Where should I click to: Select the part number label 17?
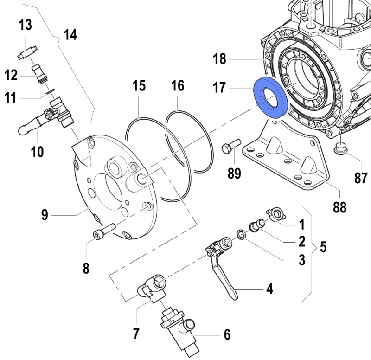(x=219, y=88)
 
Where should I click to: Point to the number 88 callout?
(x=339, y=206)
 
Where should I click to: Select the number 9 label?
(x=45, y=215)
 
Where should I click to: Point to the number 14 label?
(x=70, y=35)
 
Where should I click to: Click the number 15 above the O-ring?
(x=139, y=86)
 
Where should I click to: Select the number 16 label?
(x=177, y=86)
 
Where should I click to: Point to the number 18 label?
(x=219, y=59)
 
